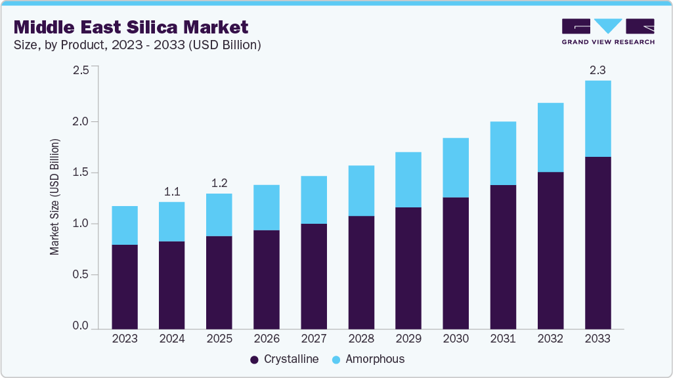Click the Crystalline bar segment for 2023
coord(125,286)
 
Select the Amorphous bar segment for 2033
coord(597,119)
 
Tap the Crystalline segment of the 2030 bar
coord(456,262)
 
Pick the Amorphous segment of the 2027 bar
coord(314,199)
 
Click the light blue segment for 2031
coord(503,153)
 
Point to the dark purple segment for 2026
coord(267,279)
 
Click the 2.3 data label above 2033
coord(597,69)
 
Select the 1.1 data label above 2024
coord(172,191)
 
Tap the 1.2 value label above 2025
coord(219,183)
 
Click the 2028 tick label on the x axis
coord(361,339)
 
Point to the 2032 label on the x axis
coord(550,339)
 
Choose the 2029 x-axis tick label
coord(408,339)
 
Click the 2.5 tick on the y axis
coord(80,70)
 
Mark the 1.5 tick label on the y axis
coord(80,173)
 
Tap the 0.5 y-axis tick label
coord(80,275)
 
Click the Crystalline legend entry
coord(284,359)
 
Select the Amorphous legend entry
coord(368,359)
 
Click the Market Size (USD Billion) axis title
coord(55,197)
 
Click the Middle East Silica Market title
coord(131,28)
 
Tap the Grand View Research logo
coord(607,31)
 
